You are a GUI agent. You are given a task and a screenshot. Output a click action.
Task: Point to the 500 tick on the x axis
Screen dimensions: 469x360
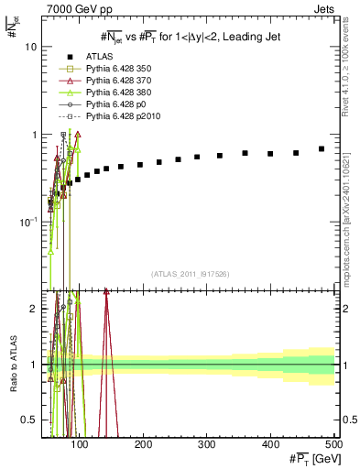tap(333, 445)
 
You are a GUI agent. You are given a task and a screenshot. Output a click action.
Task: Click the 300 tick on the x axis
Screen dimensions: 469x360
tap(206, 445)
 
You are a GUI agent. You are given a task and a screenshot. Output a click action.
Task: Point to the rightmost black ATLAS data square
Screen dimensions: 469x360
tap(322, 148)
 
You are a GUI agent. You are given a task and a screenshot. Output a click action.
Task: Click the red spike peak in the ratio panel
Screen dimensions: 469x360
tap(132, 291)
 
